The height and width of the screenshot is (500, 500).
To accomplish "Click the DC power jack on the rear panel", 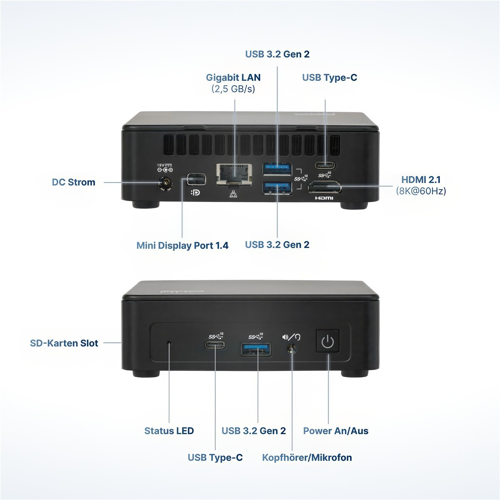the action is coord(165,184).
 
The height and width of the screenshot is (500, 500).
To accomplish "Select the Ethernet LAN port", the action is coord(234,175).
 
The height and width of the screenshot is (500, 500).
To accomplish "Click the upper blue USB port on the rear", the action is coord(277,169).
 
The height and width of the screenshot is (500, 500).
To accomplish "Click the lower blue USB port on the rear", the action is coord(277,188).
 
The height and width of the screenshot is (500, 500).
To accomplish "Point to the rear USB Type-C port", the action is coord(325,165).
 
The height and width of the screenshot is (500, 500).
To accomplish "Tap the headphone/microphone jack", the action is coord(292,349).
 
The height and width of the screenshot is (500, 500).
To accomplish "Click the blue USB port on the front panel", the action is coord(256,350).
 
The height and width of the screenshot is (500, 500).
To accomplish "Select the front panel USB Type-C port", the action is coord(215,345).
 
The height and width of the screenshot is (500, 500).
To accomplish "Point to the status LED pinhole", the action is coord(169,343).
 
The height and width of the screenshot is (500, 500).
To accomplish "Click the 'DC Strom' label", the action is coord(74,182).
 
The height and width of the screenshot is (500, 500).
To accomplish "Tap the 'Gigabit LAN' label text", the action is coord(233,77).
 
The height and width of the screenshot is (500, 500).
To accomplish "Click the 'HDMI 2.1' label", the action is coord(421,180).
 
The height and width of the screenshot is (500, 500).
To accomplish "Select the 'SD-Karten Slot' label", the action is coord(64,343).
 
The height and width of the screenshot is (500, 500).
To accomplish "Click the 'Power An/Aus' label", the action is coord(336,431).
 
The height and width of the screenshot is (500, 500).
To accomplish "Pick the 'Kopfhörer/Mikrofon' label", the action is coord(307,457).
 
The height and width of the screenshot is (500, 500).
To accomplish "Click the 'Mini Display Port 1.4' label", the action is coord(182,245).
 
